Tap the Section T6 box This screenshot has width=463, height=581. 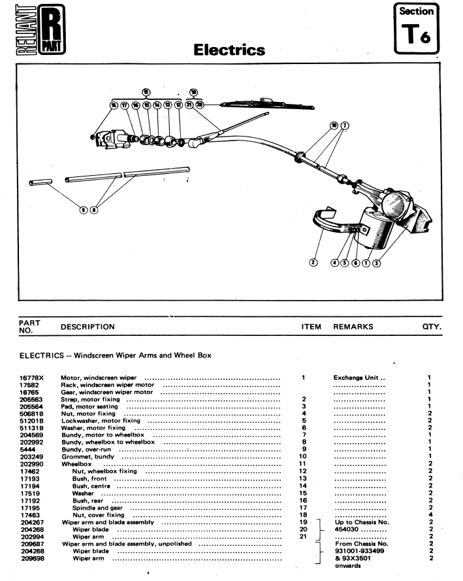[417, 29]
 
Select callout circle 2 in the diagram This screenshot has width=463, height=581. [313, 263]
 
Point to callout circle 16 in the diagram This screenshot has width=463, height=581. [114, 105]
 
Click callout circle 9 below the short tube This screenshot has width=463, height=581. [83, 209]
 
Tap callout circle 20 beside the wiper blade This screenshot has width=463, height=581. [200, 105]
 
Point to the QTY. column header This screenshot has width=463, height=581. [432, 326]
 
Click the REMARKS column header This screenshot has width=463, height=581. [353, 326]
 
